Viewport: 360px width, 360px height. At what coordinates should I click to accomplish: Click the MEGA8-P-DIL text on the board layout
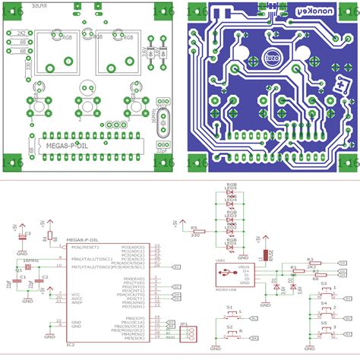(x=68, y=141)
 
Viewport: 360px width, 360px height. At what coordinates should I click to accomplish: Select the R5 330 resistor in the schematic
(x=195, y=231)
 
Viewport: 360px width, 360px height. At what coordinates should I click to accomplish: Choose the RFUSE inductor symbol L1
(x=267, y=255)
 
